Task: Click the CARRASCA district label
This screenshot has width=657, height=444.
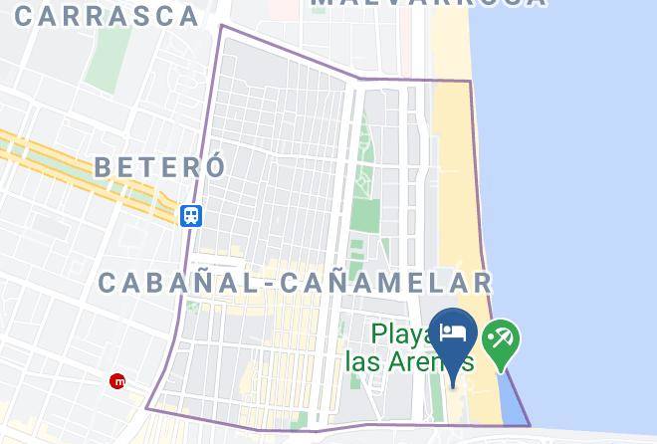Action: [108, 15]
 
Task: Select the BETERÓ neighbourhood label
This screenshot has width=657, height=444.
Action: [160, 166]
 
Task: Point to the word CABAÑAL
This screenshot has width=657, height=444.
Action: [177, 283]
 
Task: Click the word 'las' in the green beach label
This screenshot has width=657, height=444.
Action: [364, 359]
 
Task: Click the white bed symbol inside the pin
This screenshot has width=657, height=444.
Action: [454, 331]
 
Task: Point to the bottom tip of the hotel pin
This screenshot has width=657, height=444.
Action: [454, 385]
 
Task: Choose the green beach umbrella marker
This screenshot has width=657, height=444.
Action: [501, 340]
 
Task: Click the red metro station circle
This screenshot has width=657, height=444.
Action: [118, 380]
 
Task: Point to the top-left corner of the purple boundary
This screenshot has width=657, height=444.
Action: [221, 26]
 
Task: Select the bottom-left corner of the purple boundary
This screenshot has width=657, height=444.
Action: [147, 407]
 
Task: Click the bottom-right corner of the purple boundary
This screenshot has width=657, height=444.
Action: [529, 425]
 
